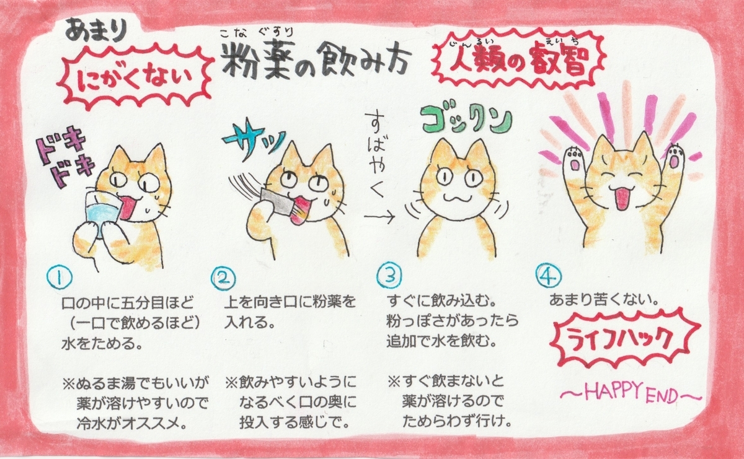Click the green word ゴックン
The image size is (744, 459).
tap(458, 120)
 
